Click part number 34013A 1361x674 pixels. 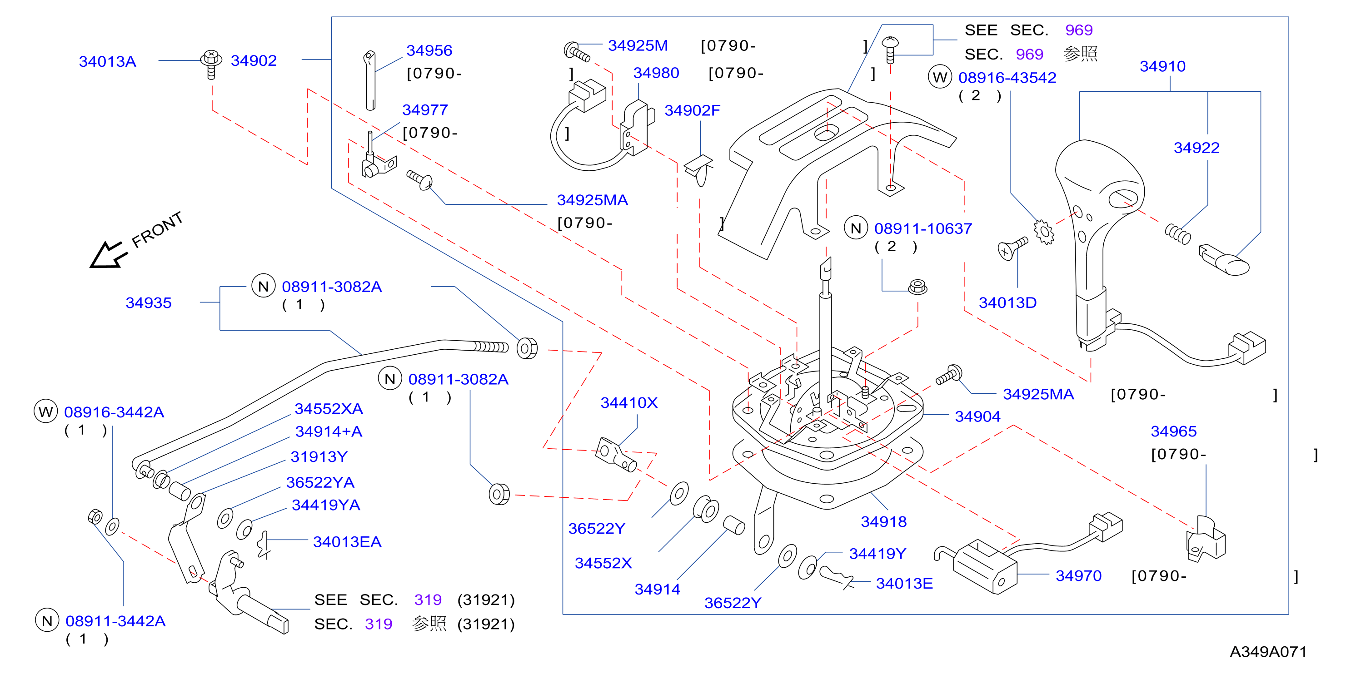107,61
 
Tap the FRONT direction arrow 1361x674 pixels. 108,255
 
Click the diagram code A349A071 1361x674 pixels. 1267,651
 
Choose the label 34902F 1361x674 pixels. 692,110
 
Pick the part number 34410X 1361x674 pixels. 629,402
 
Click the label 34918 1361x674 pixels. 883,521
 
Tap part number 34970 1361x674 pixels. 1078,575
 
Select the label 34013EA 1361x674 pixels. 347,541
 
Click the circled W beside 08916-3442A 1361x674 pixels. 45,411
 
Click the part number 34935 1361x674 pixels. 149,302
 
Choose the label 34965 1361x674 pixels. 1173,431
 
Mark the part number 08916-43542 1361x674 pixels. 1007,78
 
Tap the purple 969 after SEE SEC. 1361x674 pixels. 1078,30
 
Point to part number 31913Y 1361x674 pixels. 319,456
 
